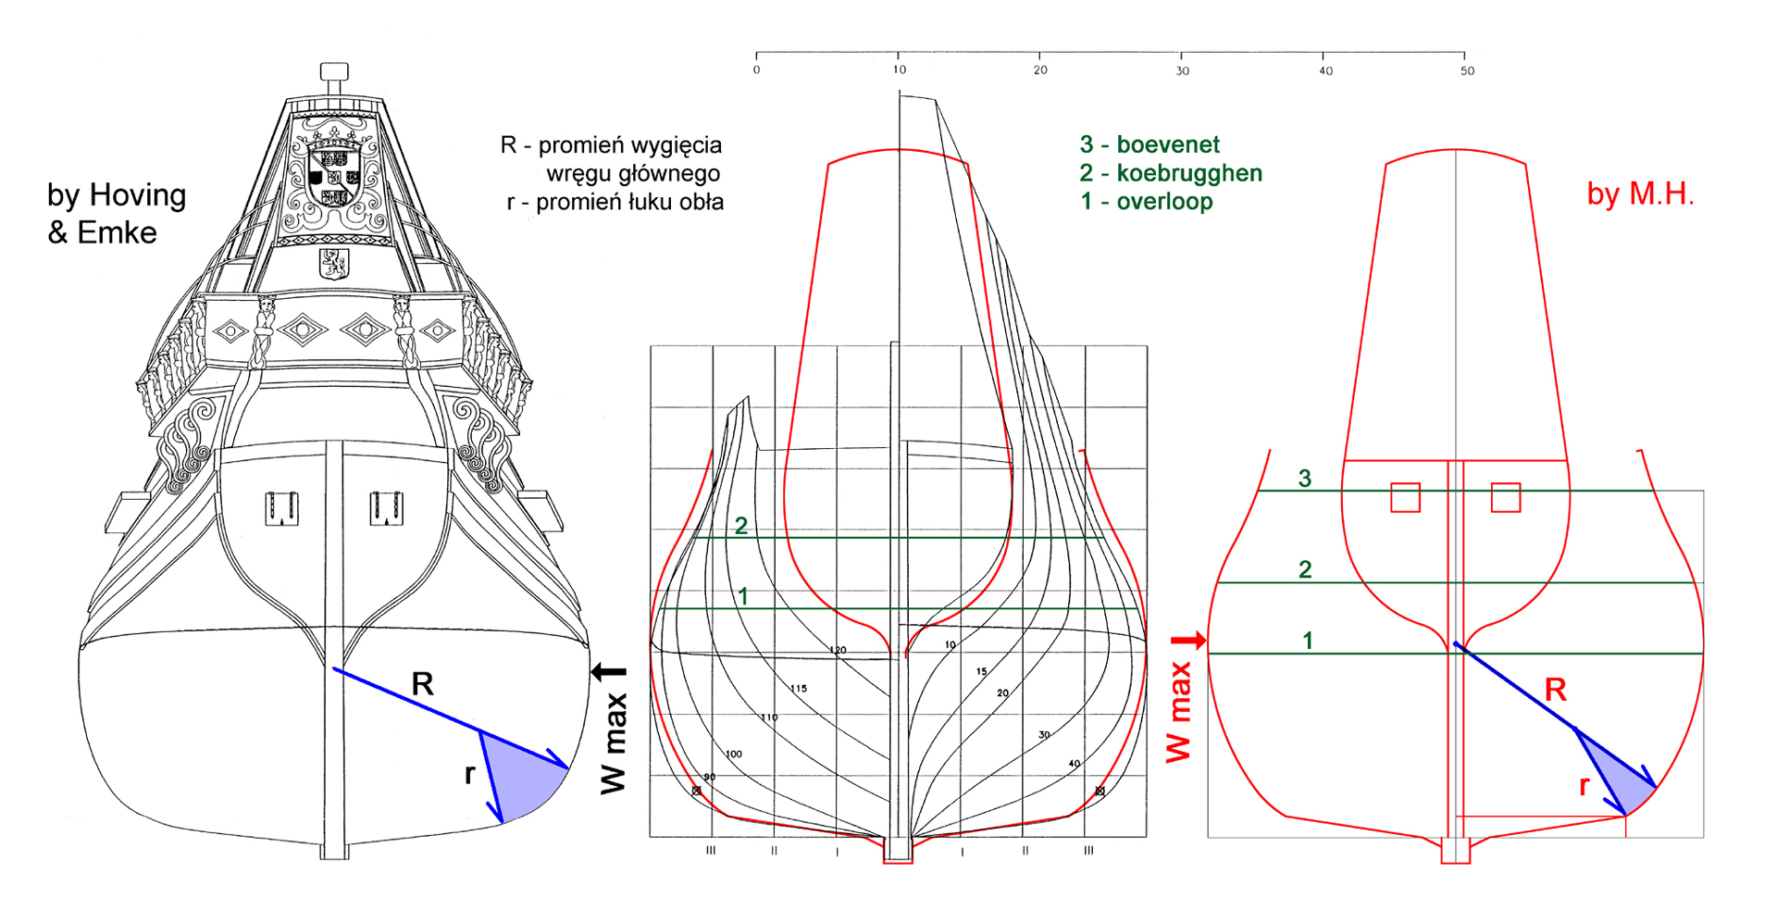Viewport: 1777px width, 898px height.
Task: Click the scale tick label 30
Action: [x=1182, y=71]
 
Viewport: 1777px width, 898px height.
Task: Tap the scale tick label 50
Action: [x=1467, y=71]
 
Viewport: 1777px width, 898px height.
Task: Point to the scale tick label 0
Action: [x=756, y=70]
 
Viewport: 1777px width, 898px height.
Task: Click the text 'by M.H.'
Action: [x=1640, y=193]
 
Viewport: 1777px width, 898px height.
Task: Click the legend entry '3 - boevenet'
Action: [x=1149, y=144]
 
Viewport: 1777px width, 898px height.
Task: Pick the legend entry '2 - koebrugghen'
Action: [x=1170, y=173]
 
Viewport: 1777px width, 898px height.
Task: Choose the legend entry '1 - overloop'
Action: [x=1146, y=202]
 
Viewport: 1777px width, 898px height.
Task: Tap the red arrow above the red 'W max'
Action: [x=1190, y=640]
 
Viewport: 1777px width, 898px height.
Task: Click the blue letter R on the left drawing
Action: [x=422, y=684]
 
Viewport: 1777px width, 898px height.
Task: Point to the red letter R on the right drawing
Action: [x=1555, y=690]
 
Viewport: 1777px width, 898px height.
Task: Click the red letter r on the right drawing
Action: [x=1584, y=787]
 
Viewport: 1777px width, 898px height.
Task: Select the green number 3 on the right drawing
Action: [x=1305, y=479]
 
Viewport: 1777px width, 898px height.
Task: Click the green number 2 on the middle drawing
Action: [x=741, y=526]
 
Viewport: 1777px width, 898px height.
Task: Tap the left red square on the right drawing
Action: [x=1405, y=497]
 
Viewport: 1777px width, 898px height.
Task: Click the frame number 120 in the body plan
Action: [x=838, y=651]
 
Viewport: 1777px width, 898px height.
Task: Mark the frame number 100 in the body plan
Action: [x=734, y=755]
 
